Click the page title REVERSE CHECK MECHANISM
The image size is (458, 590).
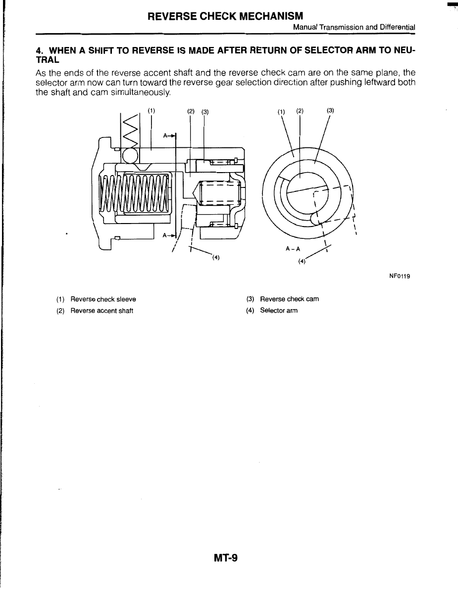click(225, 16)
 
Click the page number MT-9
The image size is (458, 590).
click(226, 558)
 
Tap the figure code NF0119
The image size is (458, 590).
click(400, 277)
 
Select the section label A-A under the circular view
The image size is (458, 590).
click(293, 249)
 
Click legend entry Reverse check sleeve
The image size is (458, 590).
click(103, 299)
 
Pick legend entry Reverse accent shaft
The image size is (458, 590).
click(102, 311)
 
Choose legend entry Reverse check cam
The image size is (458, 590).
click(289, 299)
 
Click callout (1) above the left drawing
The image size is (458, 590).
click(152, 111)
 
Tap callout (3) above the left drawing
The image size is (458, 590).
click(204, 111)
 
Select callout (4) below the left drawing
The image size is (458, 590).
click(216, 257)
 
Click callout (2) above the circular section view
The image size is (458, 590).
click(300, 111)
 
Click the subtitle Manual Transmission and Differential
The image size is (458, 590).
click(354, 28)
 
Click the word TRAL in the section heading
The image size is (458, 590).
click(48, 60)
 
